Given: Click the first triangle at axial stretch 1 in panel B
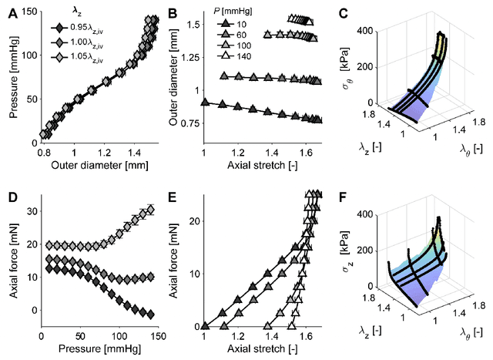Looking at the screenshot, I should tap(203, 102).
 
